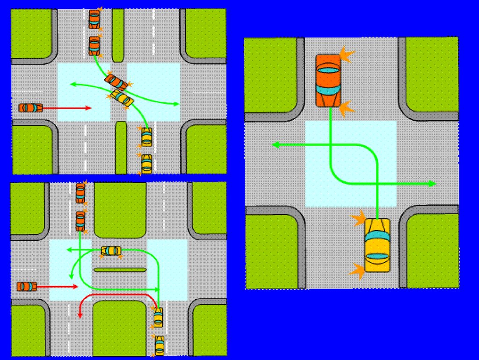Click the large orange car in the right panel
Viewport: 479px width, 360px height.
(x=328, y=80)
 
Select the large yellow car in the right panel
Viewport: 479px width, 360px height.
(x=377, y=245)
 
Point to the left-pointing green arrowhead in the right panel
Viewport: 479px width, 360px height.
(x=276, y=145)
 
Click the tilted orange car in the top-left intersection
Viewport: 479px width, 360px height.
(x=116, y=82)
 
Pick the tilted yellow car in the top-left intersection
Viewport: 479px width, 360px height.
(x=121, y=98)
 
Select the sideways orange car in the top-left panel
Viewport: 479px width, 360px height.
(x=30, y=108)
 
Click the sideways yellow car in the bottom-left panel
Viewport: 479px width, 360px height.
(x=111, y=251)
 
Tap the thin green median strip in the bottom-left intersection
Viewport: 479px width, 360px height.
(x=121, y=269)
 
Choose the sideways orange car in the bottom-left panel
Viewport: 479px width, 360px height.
(x=27, y=286)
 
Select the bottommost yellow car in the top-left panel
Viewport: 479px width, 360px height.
(x=146, y=163)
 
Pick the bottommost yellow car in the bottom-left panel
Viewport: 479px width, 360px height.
(x=160, y=345)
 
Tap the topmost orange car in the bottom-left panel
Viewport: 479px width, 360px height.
(x=80, y=193)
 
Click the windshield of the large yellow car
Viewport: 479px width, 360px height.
(x=377, y=257)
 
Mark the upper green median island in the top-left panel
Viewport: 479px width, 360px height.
(x=118, y=35)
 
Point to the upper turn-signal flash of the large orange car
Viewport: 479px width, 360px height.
(x=347, y=55)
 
